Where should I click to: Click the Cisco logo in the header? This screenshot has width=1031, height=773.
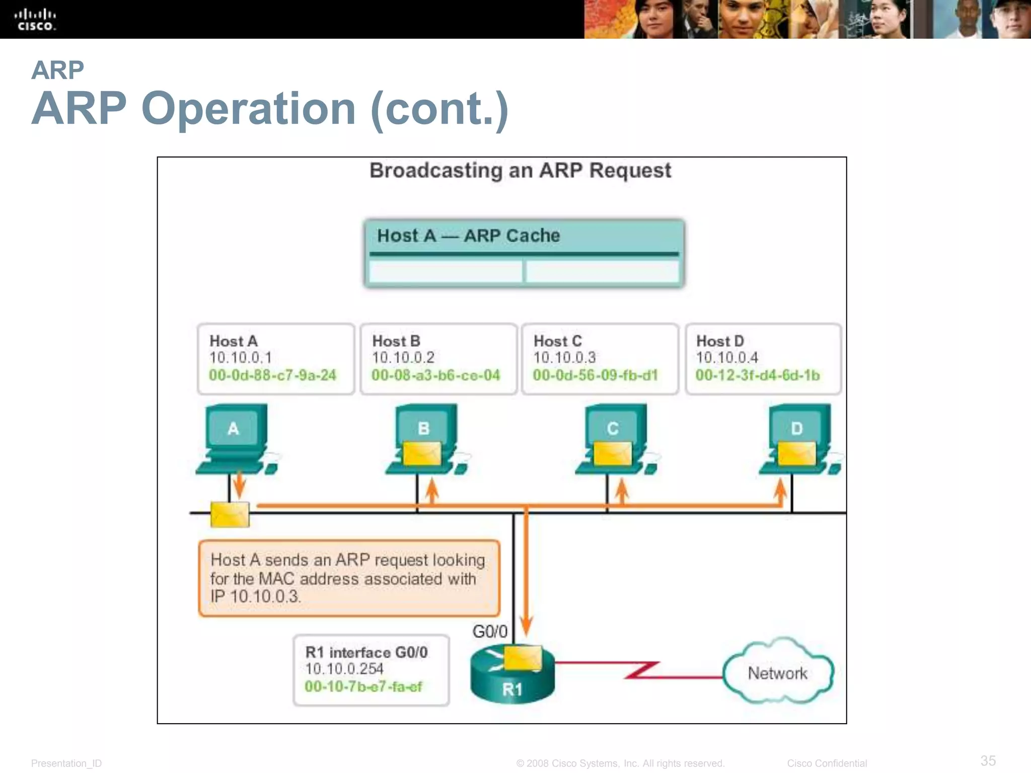(35, 20)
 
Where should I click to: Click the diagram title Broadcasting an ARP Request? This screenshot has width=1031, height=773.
(520, 171)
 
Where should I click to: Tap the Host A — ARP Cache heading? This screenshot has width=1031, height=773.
(468, 236)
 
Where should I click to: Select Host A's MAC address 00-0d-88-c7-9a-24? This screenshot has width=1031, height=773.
(272, 375)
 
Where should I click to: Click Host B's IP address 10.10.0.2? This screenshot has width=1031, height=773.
(403, 358)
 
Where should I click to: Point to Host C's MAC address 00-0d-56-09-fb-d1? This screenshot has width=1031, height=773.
(595, 375)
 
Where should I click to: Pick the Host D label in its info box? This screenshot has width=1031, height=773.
(719, 341)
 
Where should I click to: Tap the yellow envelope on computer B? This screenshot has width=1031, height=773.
(422, 453)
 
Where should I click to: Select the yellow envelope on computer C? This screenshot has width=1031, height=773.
(612, 453)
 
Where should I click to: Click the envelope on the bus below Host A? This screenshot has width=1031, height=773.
(230, 514)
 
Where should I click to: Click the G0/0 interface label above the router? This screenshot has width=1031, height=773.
(489, 632)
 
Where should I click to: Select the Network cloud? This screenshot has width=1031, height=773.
(777, 673)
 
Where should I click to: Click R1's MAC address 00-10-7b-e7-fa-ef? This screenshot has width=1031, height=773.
(363, 686)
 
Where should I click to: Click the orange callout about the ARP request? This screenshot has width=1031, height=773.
(349, 578)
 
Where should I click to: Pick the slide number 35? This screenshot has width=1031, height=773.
(988, 760)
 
